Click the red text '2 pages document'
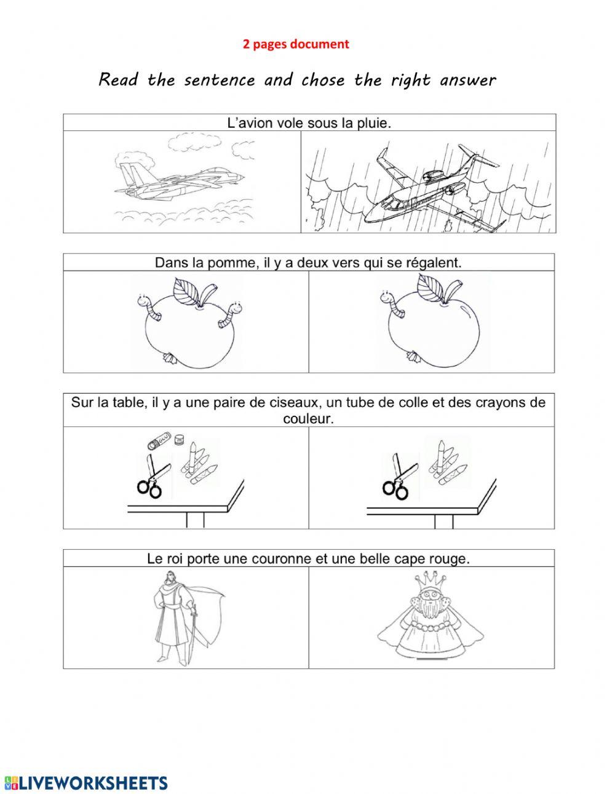click(x=296, y=44)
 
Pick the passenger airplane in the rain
click(x=424, y=185)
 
